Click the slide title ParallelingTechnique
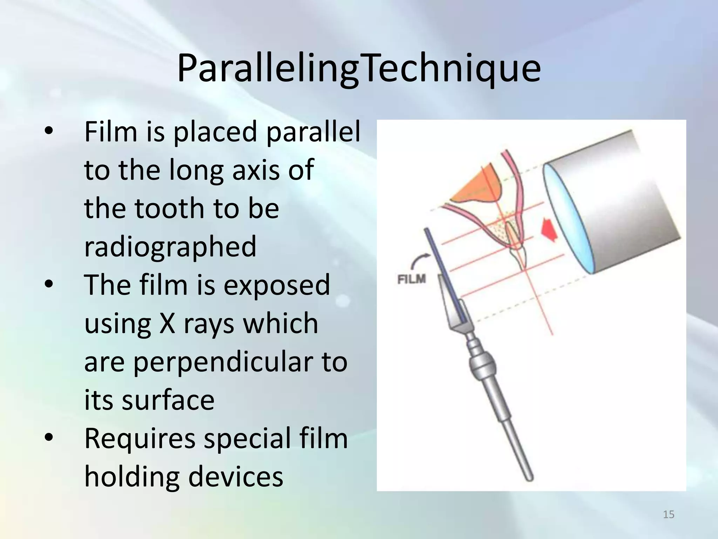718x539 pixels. click(359, 68)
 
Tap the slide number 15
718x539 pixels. click(669, 514)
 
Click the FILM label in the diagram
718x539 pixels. click(412, 279)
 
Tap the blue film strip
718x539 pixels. click(445, 274)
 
